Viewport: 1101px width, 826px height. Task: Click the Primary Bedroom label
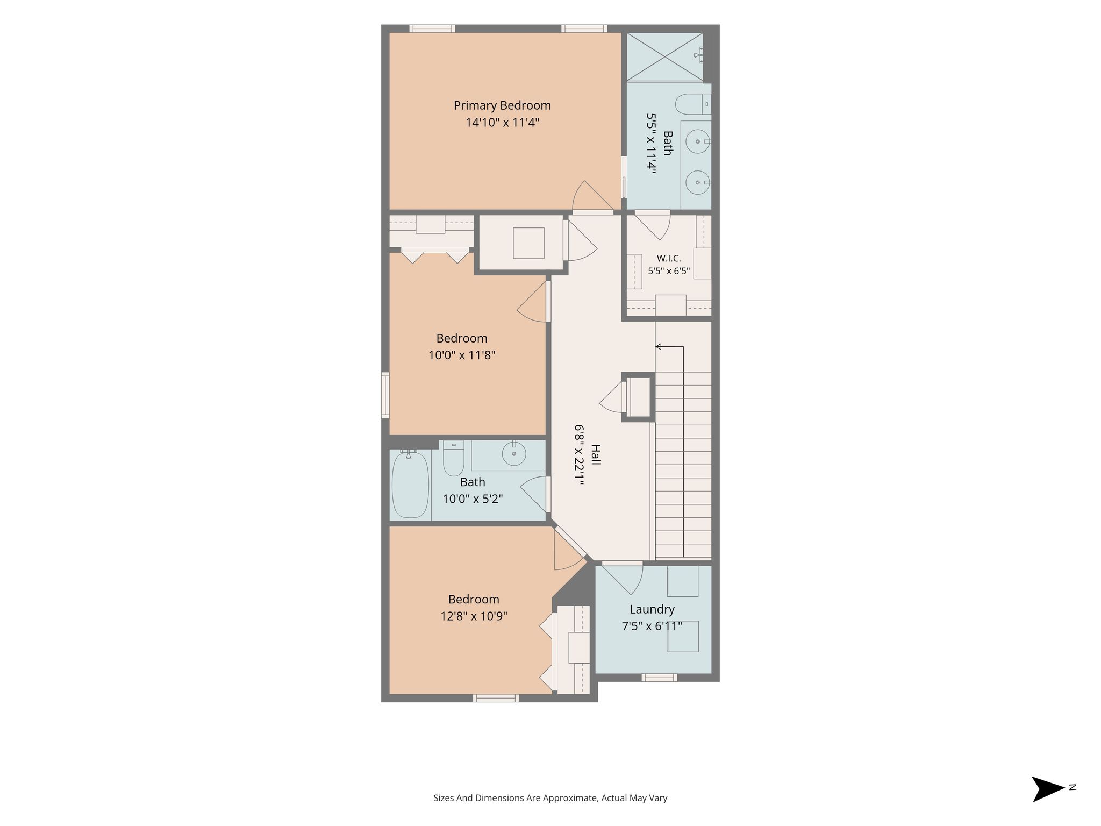(x=502, y=105)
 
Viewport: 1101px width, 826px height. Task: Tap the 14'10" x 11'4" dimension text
(x=502, y=123)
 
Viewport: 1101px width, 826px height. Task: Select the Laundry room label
(x=652, y=609)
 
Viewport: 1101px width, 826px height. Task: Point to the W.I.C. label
(x=669, y=259)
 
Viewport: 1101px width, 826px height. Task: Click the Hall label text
(x=596, y=454)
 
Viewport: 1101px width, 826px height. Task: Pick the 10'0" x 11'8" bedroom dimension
(x=462, y=355)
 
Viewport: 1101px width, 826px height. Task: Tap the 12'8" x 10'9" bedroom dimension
(x=474, y=616)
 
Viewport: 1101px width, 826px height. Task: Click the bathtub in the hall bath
(x=410, y=484)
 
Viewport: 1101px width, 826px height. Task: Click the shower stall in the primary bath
(x=664, y=57)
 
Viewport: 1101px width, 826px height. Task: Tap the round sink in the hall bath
(x=514, y=455)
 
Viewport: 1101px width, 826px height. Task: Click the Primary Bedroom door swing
(x=593, y=196)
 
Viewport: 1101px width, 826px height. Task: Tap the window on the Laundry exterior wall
(x=659, y=678)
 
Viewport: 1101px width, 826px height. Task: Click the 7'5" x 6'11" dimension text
(x=652, y=626)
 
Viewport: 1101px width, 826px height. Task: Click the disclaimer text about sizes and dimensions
(x=550, y=798)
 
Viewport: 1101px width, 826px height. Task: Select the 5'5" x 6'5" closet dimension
(x=669, y=271)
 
